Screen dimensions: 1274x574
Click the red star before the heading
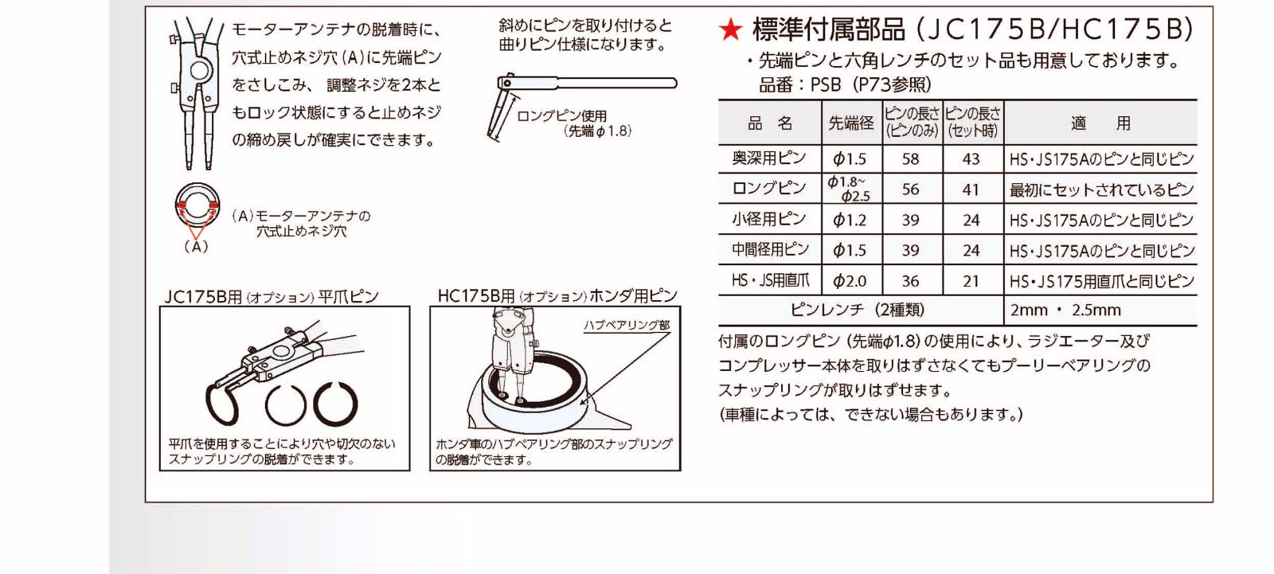[x=730, y=29]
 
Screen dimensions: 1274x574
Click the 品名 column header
[x=769, y=123]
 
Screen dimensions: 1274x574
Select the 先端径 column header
[x=851, y=123]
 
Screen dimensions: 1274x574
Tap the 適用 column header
[x=1100, y=123]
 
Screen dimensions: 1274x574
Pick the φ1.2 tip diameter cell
[x=850, y=220]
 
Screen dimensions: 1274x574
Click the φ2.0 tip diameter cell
[x=850, y=281]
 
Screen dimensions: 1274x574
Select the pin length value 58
[x=911, y=158]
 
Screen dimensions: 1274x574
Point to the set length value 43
[x=971, y=158]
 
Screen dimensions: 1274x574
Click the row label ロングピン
[x=769, y=189]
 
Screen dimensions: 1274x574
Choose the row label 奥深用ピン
[x=769, y=158]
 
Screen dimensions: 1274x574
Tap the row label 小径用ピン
[x=769, y=219]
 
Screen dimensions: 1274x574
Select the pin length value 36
[x=911, y=281]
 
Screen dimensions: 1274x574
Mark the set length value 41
[x=971, y=189]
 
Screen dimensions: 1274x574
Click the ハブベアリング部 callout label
[x=627, y=326]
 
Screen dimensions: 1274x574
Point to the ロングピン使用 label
[x=561, y=116]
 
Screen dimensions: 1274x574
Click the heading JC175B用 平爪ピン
[x=272, y=297]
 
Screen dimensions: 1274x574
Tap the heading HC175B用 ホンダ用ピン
[x=557, y=296]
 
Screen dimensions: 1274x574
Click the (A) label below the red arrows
[x=196, y=247]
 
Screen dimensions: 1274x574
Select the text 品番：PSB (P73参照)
[x=845, y=84]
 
